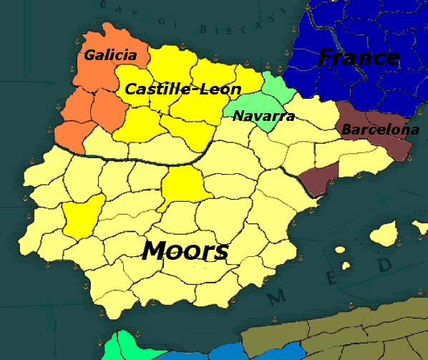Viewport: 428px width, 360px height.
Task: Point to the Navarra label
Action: coord(264,116)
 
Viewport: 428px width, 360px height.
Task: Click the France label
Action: coord(358,57)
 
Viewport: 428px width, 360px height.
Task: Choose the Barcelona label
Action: coord(380,130)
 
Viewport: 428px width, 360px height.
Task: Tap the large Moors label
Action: coord(185,251)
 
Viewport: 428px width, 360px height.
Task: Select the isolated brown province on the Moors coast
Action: coord(318,179)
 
